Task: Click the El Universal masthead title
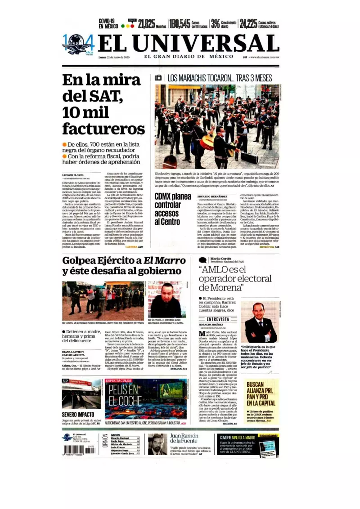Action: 182,44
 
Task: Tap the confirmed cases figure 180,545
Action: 180,24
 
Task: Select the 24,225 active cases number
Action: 248,24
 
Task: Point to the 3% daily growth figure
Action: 216,24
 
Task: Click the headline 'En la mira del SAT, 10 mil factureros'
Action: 103,104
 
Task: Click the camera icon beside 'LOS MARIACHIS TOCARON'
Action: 158,78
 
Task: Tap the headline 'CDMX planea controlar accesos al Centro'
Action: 172,209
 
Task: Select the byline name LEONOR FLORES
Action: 73,175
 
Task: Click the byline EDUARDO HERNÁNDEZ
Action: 213,196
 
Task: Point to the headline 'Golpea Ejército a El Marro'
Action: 124,261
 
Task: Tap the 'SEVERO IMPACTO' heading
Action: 78,414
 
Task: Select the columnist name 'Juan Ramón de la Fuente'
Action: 184,438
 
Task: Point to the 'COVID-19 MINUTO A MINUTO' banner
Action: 237,437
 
